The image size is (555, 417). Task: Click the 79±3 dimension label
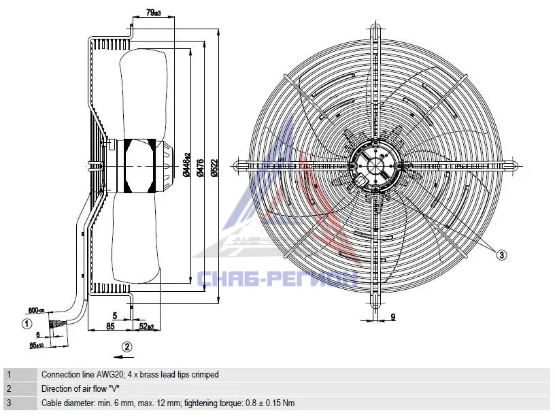153,13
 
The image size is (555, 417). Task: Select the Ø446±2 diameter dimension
186,165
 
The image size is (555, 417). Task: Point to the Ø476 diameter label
200,167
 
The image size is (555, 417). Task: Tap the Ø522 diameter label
214,167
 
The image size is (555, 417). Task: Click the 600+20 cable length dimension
36,310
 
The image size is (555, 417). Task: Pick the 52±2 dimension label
146,327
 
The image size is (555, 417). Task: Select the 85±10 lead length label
37,345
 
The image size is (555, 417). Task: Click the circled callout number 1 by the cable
27,324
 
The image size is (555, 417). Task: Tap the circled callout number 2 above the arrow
127,346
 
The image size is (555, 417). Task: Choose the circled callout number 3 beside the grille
501,254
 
